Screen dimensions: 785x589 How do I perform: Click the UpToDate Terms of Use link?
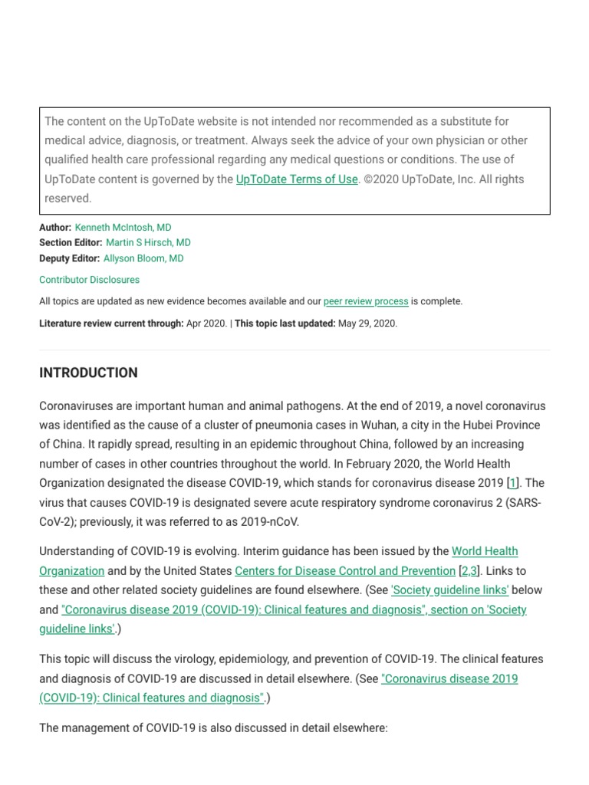click(x=297, y=179)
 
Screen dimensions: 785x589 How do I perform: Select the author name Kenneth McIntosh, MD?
click(x=123, y=228)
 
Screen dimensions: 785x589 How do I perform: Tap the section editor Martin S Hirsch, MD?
click(x=148, y=243)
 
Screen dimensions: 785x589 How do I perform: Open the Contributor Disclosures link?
click(x=89, y=280)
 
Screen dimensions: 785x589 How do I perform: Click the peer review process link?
click(x=366, y=301)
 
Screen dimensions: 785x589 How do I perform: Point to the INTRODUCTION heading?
click(x=88, y=373)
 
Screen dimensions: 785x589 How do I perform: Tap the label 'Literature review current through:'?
click(x=111, y=324)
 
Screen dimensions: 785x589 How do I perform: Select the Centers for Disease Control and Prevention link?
click(x=345, y=570)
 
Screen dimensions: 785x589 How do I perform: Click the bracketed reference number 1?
click(x=513, y=483)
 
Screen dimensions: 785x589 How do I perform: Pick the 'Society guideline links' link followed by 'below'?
click(x=450, y=590)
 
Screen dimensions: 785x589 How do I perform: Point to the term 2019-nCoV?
click(x=271, y=521)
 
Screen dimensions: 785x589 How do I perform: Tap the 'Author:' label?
click(x=55, y=228)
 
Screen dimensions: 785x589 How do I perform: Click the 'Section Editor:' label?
click(x=71, y=243)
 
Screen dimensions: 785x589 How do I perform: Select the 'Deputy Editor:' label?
click(x=70, y=258)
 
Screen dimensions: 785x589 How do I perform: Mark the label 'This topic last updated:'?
click(x=285, y=324)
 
